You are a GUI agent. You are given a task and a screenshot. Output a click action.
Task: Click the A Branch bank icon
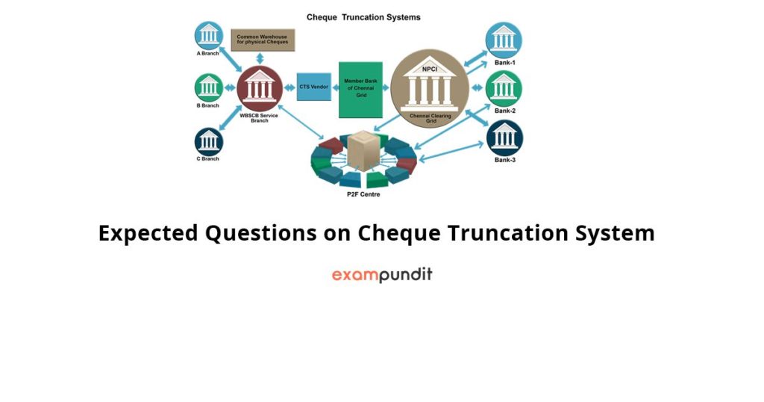tap(209, 37)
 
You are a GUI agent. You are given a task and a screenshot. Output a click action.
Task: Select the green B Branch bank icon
tap(209, 87)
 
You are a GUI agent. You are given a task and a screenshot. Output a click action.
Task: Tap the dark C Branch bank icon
tap(209, 141)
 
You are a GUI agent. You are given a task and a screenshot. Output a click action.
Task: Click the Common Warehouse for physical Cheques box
tap(263, 40)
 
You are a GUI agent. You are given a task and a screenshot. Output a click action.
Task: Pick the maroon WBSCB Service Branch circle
tap(260, 89)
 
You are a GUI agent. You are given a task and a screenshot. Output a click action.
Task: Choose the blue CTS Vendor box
tap(313, 87)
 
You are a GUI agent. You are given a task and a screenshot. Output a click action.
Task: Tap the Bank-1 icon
tap(504, 40)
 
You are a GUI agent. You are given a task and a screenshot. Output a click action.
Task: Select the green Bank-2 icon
tap(504, 88)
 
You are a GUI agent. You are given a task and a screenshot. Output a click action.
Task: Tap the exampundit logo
tap(382, 275)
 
